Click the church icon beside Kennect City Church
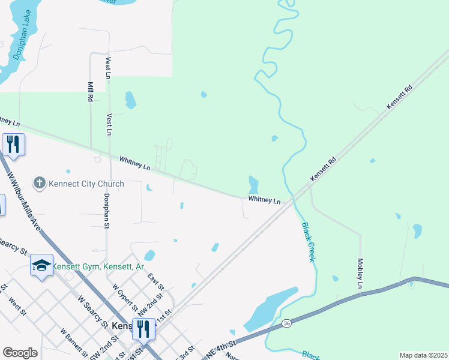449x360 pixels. click(40, 183)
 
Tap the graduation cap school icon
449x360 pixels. click(41, 266)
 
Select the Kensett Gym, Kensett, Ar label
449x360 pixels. click(98, 266)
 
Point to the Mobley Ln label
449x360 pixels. click(360, 274)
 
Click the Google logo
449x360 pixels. click(20, 353)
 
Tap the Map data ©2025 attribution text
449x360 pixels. click(424, 355)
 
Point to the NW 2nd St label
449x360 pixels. click(150, 304)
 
